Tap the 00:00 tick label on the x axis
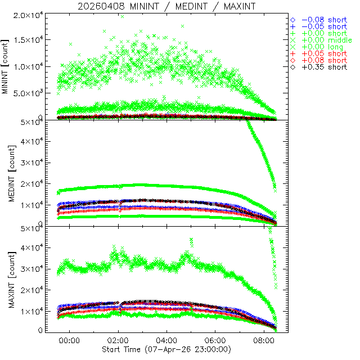[70, 341]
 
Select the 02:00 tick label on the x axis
[119, 341]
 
